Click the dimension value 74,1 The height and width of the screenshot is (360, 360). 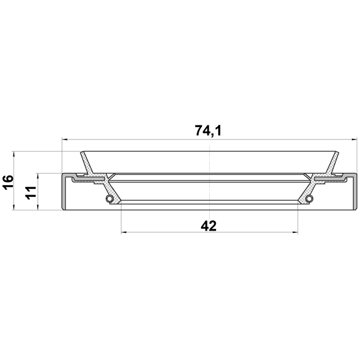[208, 130]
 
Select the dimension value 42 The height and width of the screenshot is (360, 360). [209, 226]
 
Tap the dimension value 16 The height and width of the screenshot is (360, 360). [8, 182]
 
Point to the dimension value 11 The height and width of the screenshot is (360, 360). [31, 193]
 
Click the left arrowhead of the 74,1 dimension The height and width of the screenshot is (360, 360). [65, 139]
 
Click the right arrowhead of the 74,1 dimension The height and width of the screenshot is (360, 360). [355, 139]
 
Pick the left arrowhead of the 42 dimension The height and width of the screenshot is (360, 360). [124, 232]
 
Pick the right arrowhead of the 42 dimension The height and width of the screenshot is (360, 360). [295, 232]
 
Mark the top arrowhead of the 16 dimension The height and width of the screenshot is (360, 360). [14, 154]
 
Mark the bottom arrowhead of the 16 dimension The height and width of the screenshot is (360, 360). [14, 207]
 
